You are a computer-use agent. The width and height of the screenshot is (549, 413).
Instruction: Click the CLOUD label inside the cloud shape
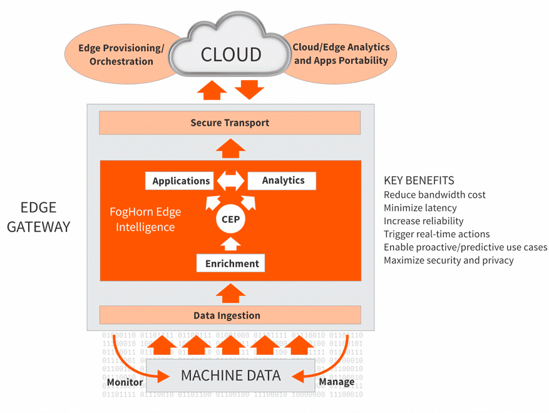pyautogui.click(x=230, y=54)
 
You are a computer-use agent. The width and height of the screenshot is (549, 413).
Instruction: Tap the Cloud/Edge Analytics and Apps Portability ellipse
pyautogui.click(x=341, y=54)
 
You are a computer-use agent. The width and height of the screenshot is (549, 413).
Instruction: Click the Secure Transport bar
pyautogui.click(x=230, y=123)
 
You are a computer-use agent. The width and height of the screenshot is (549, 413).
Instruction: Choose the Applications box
pyautogui.click(x=181, y=181)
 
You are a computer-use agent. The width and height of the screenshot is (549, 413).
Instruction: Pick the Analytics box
pyautogui.click(x=283, y=180)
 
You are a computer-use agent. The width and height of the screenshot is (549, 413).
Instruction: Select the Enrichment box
pyautogui.click(x=231, y=263)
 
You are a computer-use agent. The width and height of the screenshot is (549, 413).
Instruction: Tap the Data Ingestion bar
pyautogui.click(x=230, y=315)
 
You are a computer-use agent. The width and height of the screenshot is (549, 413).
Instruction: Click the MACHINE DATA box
pyautogui.click(x=230, y=375)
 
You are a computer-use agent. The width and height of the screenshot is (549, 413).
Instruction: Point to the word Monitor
pyautogui.click(x=125, y=382)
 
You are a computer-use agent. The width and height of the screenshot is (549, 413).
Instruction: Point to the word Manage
pyautogui.click(x=337, y=382)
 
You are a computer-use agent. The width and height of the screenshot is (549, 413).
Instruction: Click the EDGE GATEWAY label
pyautogui.click(x=38, y=217)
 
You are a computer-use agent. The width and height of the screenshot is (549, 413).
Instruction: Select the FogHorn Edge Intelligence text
pyautogui.click(x=146, y=220)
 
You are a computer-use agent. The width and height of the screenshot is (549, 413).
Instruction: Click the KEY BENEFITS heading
pyautogui.click(x=419, y=180)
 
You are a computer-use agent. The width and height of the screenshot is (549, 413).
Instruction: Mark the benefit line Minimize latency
pyautogui.click(x=420, y=208)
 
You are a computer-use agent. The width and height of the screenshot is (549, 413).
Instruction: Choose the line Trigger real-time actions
pyautogui.click(x=436, y=234)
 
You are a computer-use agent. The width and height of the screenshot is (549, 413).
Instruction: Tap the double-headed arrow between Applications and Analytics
pyautogui.click(x=230, y=181)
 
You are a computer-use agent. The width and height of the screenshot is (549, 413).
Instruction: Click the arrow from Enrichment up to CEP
pyautogui.click(x=231, y=243)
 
